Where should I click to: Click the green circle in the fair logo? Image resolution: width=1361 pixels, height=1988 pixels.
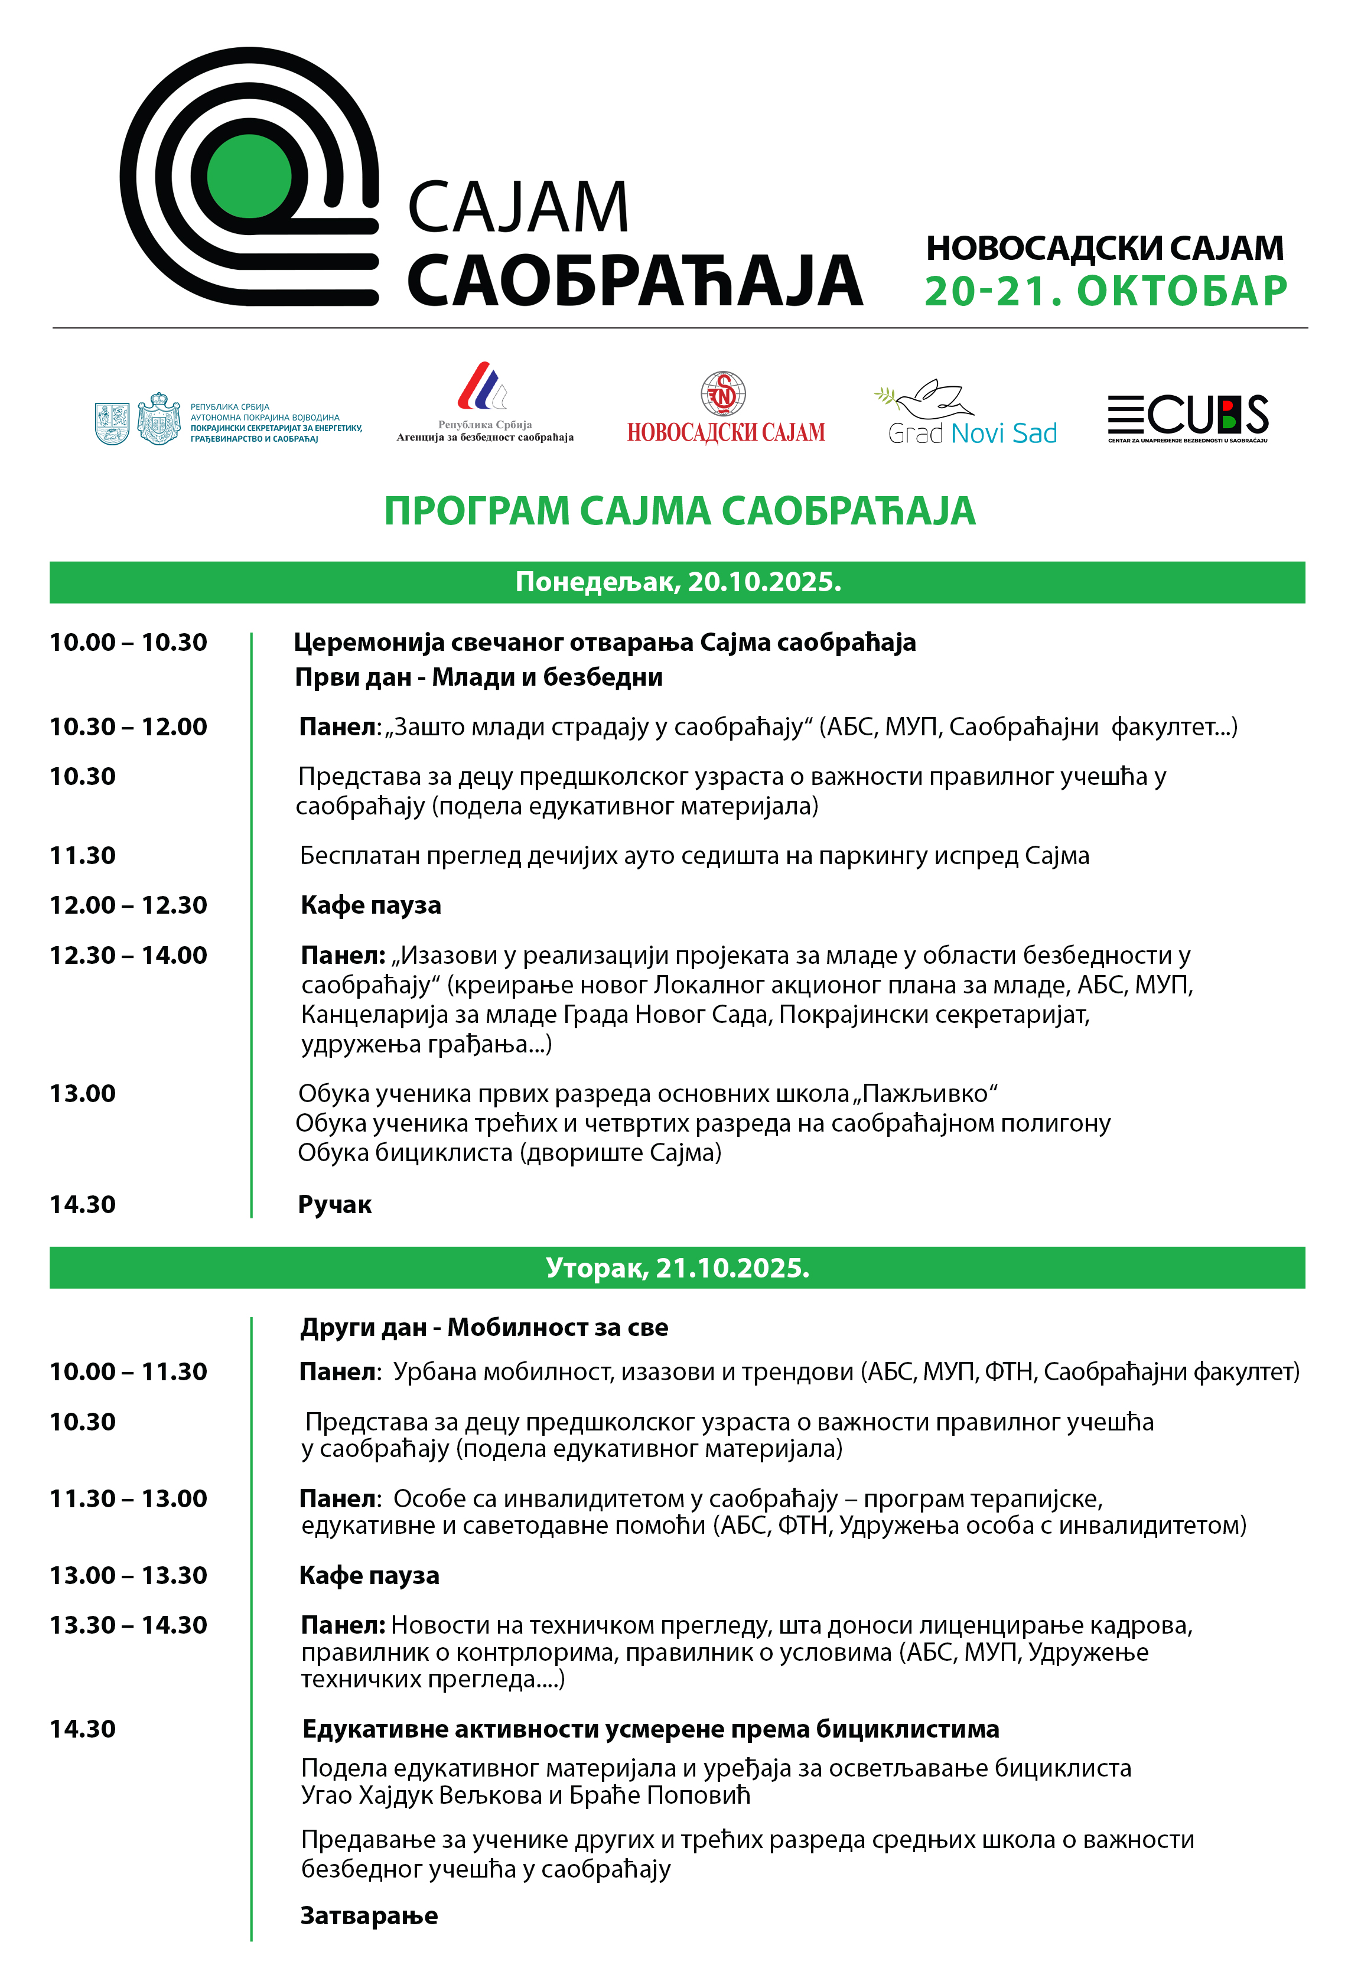point(249,176)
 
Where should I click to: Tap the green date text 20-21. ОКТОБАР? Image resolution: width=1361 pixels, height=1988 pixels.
point(1105,291)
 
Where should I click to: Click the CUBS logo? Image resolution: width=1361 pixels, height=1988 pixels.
point(1187,418)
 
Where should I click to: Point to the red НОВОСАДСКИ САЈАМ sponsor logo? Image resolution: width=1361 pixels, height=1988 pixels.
point(725,409)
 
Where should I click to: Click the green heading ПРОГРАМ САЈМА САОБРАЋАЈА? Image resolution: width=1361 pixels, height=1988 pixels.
point(679,511)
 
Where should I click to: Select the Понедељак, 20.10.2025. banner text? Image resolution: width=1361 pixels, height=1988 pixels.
point(678,582)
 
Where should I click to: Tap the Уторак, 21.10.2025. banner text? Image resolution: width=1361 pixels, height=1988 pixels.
point(678,1267)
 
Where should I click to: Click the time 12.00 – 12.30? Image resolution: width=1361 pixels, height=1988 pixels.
point(128,905)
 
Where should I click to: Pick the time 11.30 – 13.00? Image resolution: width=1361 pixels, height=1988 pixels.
point(128,1498)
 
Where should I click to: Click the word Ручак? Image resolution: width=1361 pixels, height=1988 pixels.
point(334,1204)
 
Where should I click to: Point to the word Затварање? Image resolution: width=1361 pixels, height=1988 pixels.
point(369,1915)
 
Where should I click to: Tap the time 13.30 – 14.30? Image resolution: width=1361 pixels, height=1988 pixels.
point(128,1624)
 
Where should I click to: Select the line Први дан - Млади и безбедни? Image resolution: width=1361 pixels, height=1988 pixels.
point(478,677)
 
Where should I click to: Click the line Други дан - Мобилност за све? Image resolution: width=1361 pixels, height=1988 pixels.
point(484,1327)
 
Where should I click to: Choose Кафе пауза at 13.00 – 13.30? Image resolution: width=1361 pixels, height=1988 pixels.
point(369,1575)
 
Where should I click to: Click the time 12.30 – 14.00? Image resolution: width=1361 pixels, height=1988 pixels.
point(128,954)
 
